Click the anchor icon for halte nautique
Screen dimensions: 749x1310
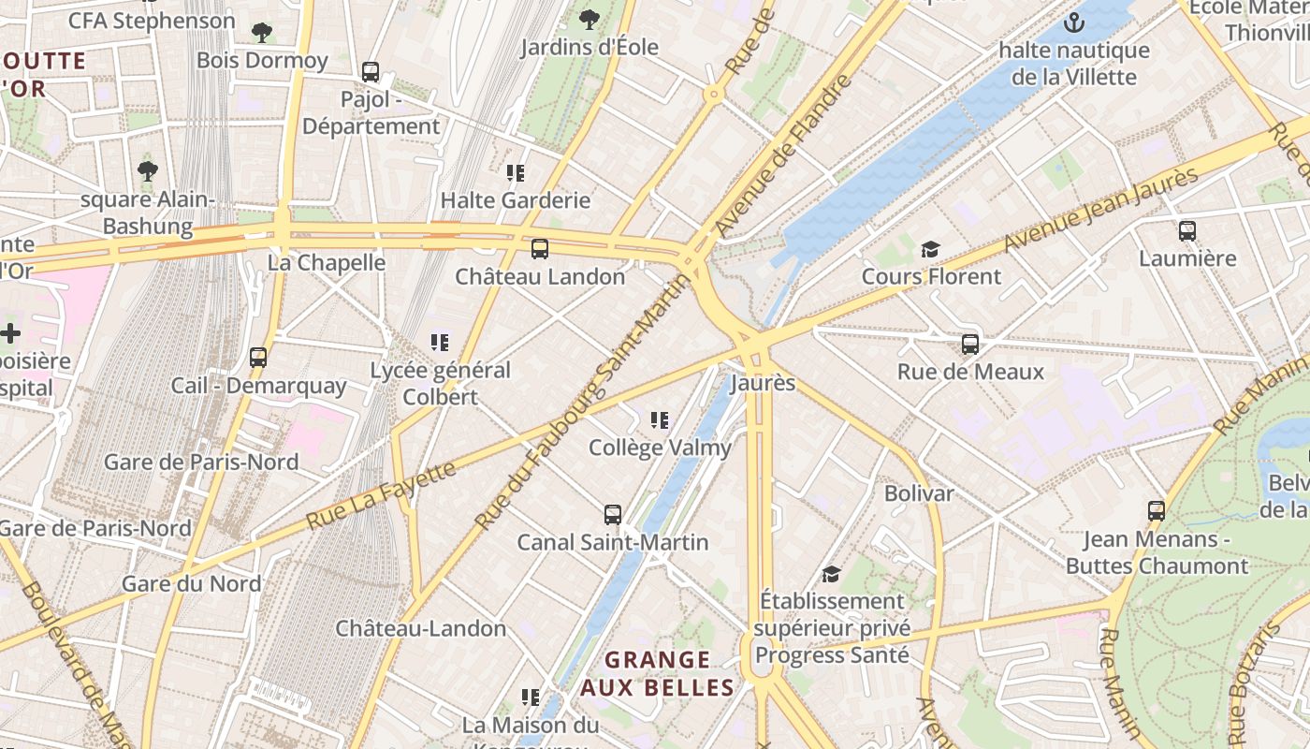click(1074, 22)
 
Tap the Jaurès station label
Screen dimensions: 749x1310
click(763, 383)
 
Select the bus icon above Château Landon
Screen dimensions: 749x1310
click(540, 249)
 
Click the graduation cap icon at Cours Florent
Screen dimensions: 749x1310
click(930, 249)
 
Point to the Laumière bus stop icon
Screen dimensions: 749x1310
click(1187, 230)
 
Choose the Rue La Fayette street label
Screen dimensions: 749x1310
click(381, 494)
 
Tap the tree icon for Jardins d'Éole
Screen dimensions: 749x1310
click(589, 19)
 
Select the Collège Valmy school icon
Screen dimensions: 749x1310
click(660, 420)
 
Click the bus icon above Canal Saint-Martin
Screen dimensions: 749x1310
click(613, 515)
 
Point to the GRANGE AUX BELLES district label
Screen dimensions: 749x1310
click(657, 674)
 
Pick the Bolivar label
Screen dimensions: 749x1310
click(919, 493)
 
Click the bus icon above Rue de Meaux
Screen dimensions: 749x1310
click(970, 345)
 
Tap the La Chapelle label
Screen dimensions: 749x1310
click(327, 263)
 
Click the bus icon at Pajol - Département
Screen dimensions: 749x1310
click(371, 72)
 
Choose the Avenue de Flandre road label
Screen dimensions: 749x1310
click(784, 155)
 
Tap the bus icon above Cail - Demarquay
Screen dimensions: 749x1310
click(258, 358)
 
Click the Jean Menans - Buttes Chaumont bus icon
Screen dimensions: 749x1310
click(1157, 511)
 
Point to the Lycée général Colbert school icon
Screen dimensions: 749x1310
click(440, 343)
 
